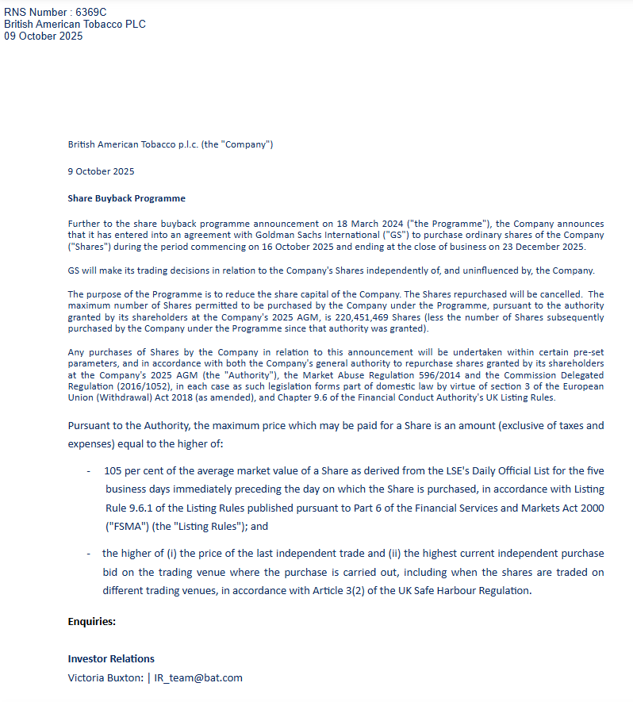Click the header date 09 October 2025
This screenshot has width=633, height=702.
pyautogui.click(x=44, y=36)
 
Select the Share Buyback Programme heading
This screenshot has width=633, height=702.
pyautogui.click(x=127, y=198)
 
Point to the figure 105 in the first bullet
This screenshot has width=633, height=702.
pyautogui.click(x=113, y=470)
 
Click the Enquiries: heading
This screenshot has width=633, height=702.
pyautogui.click(x=92, y=621)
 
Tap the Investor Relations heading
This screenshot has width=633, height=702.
pyautogui.click(x=111, y=658)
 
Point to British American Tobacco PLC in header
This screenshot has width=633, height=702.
pyautogui.click(x=75, y=24)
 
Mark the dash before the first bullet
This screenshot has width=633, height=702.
pyautogui.click(x=89, y=470)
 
